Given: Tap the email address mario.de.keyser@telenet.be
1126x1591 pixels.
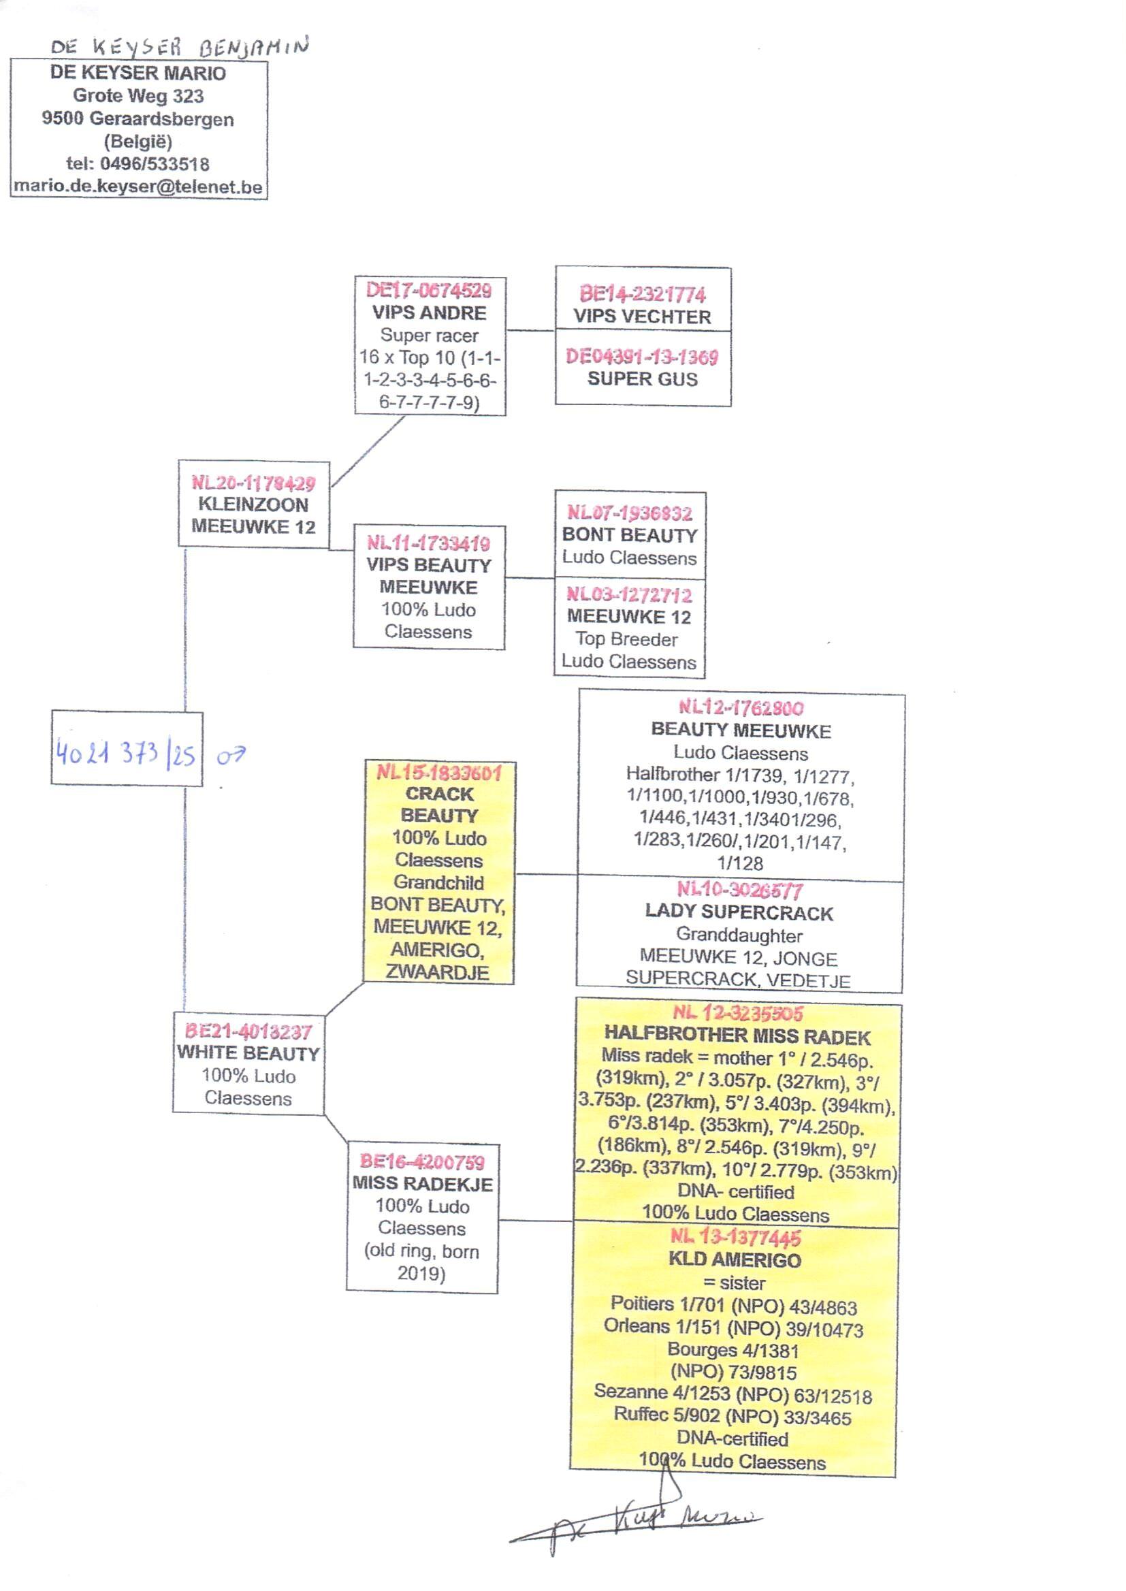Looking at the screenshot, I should coord(138,187).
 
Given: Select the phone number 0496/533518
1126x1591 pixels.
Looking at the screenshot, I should coord(155,164).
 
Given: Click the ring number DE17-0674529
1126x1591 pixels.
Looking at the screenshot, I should coord(429,290).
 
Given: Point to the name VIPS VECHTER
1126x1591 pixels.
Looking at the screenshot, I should coord(642,317).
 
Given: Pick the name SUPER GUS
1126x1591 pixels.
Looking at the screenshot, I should coord(642,379).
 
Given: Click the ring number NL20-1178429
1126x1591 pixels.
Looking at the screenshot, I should coord(253,483).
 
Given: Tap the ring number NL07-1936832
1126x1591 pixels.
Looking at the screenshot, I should coord(629,513).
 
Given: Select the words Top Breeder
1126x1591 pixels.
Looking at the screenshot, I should coord(626,639).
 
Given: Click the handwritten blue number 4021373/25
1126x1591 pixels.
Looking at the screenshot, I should coord(126,754).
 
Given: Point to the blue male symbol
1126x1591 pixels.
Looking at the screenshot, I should coord(231,755).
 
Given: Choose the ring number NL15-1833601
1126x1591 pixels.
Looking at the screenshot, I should coord(439,773).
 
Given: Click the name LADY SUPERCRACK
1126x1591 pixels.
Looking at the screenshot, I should coord(739,913).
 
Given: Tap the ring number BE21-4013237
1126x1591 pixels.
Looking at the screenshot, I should coord(248,1031).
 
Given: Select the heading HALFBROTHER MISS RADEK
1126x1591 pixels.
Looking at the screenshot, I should coord(737,1037).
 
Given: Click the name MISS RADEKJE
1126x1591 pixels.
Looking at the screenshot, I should coord(422,1183).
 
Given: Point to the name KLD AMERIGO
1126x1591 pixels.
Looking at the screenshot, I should coord(735,1260).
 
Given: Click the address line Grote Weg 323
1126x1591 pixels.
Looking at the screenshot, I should coord(138,96).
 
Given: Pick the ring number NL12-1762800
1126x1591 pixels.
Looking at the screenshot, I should coord(741,708).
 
